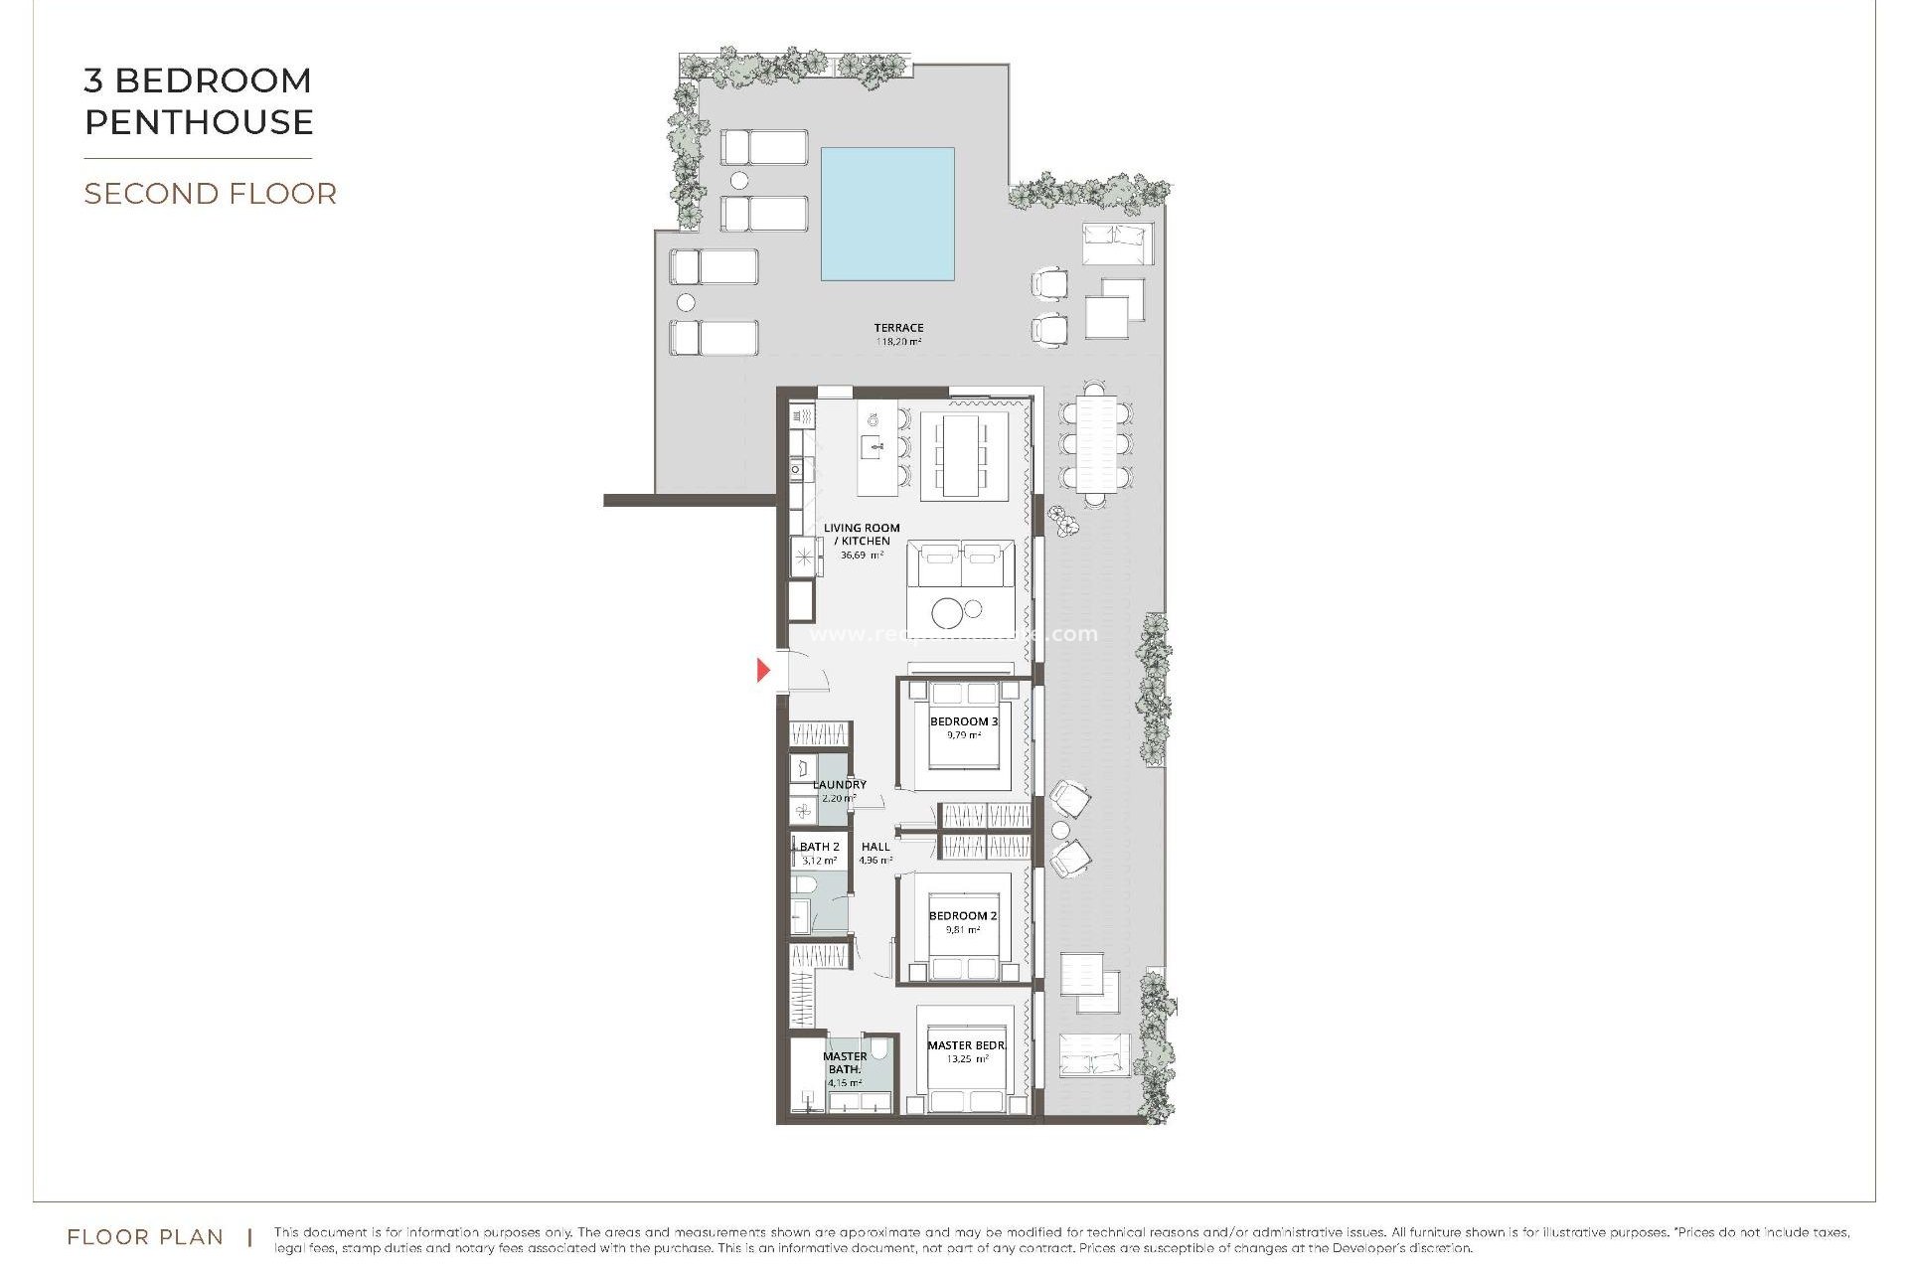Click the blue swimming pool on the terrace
887,214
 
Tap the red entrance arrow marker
763,670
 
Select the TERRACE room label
898,327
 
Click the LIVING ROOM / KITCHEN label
862,535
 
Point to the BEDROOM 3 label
963,721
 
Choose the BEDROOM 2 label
962,916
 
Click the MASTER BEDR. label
966,1045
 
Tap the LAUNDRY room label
839,784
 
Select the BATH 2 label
820,847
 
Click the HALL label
875,847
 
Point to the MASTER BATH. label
845,1062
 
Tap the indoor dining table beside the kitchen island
961,454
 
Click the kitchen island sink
873,446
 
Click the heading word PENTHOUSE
199,122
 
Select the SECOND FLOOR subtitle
210,193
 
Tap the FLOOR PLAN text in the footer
145,1237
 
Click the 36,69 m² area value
862,556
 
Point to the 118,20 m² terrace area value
898,342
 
